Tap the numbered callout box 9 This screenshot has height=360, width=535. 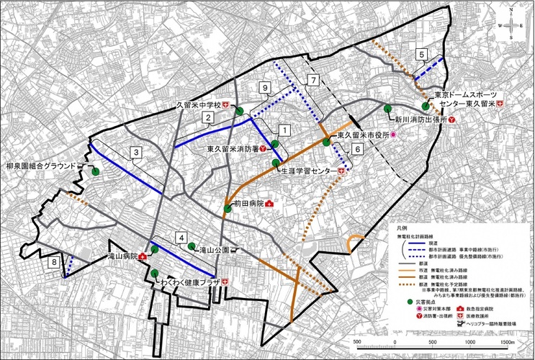[x=265, y=87]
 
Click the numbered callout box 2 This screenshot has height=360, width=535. [x=207, y=117]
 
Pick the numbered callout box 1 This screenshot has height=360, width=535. [x=284, y=130]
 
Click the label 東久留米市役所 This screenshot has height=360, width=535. [x=364, y=135]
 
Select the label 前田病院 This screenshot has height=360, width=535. [x=248, y=204]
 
